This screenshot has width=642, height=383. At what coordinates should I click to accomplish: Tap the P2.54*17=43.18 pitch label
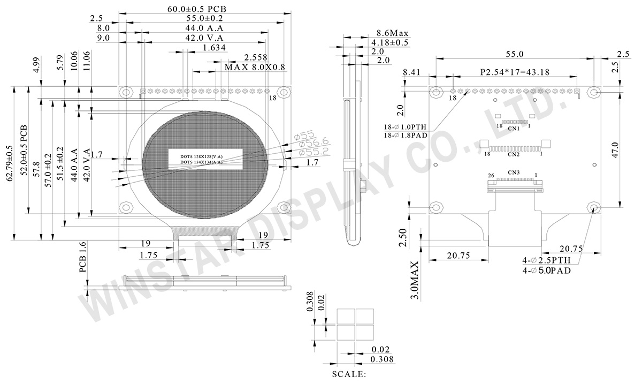click(x=515, y=72)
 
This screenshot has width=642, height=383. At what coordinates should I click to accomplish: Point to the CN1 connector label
click(x=514, y=129)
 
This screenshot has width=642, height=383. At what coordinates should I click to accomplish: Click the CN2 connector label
click(x=514, y=155)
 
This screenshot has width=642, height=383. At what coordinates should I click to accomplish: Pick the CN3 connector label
click(x=514, y=172)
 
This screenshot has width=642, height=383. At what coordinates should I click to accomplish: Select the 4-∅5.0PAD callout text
click(x=547, y=271)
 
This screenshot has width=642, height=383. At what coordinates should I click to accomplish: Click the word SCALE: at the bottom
click(x=349, y=374)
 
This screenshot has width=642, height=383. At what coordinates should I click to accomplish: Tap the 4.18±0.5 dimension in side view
click(x=389, y=42)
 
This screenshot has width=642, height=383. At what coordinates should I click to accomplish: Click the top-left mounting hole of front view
click(x=126, y=92)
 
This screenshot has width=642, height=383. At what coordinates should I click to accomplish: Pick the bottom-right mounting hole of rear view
click(x=594, y=207)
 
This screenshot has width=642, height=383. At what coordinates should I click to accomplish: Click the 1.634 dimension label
click(x=215, y=48)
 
